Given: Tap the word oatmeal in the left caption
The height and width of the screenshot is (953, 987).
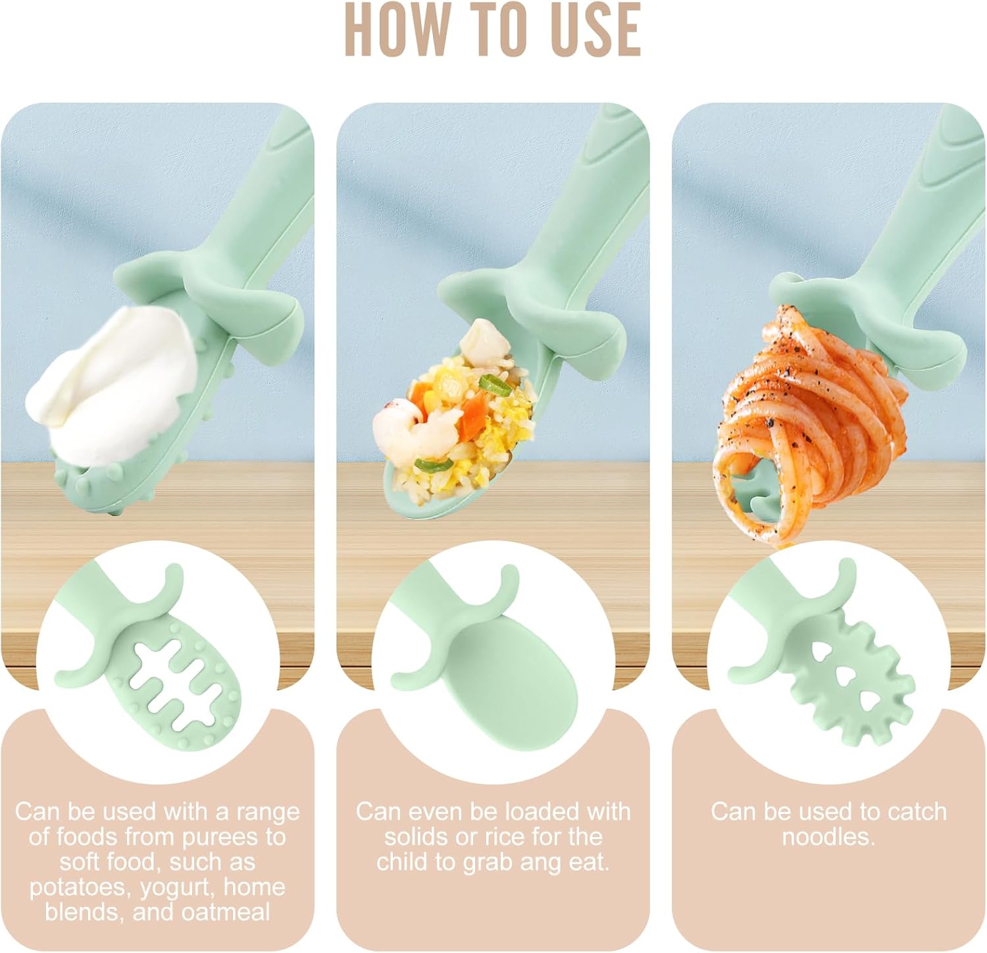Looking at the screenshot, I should point(227,912).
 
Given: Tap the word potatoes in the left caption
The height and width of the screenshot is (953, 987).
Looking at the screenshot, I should point(80,887).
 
